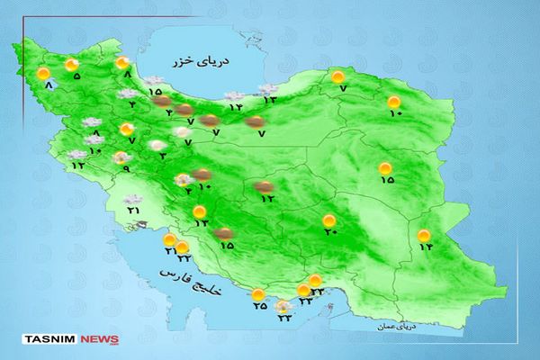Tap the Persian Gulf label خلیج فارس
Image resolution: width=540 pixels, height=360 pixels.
190,270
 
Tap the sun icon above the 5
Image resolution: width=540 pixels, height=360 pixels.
73,64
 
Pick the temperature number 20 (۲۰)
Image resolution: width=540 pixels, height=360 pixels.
329,233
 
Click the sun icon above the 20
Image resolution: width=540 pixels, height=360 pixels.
329,220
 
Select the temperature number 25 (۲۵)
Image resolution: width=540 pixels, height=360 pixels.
259,307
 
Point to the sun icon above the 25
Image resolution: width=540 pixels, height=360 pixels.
259,294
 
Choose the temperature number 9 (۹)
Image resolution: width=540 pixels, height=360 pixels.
126,169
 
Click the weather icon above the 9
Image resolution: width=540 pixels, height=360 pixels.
121,158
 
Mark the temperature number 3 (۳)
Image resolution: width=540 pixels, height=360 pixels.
162,157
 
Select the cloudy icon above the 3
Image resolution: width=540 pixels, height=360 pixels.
157,145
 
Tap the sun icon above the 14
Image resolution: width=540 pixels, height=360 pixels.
424,236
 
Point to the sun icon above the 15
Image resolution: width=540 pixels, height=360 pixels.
386,167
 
